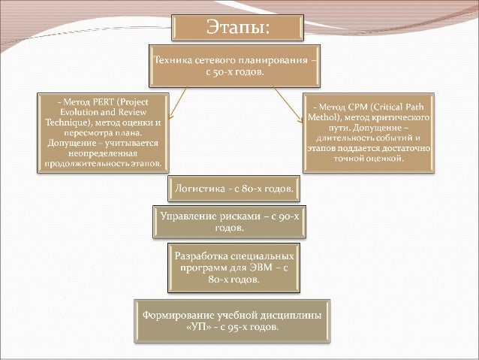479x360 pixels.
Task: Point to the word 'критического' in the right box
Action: coord(403,118)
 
